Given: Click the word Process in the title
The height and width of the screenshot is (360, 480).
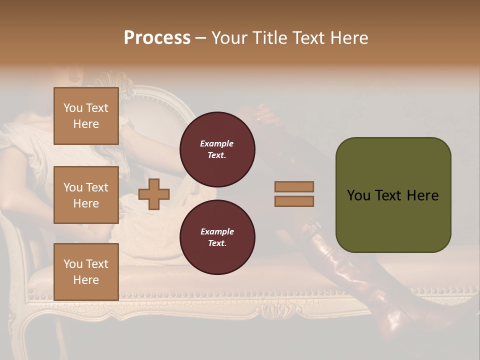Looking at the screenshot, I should point(157,38).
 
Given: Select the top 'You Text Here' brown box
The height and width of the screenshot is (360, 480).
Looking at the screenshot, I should point(86,116).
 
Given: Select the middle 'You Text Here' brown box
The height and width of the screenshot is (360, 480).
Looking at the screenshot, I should point(86,195).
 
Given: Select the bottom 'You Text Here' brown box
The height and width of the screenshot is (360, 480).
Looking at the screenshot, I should point(86,271).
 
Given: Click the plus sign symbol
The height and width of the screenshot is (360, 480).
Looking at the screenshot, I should point(154,193).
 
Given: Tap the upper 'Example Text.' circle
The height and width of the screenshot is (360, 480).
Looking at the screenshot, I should point(217,149).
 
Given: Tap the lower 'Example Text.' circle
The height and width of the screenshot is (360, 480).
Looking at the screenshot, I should point(217,237).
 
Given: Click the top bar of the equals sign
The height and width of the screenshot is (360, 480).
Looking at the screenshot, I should point(294,186).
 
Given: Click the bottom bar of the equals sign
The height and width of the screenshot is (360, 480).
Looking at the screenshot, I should point(294,201).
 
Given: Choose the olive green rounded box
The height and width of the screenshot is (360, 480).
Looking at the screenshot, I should point(393,194).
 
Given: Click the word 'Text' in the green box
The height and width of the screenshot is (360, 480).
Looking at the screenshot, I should point(385,195).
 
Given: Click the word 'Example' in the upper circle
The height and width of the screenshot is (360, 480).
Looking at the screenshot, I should point(217,143).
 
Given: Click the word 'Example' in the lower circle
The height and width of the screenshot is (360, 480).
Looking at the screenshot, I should point(217,231).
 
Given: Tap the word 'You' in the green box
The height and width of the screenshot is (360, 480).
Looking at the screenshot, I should point(358,195).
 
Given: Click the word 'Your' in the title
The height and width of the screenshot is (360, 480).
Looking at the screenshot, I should point(229,38).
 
